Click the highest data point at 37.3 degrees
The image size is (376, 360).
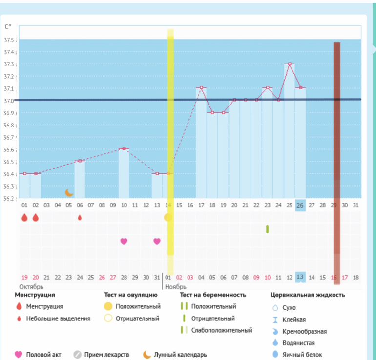point(290,64)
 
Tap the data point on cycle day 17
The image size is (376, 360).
point(201,88)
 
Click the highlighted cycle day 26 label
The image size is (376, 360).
point(300,205)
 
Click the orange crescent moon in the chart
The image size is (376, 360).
point(69,192)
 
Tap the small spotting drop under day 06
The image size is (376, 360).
point(80,217)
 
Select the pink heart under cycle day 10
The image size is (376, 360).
point(124,241)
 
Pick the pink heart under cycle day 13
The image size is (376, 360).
point(157,241)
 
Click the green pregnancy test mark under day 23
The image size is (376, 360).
point(267,229)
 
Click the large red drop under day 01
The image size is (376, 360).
point(24,217)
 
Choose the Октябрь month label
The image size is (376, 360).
point(31,286)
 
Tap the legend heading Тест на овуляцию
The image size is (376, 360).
point(130,295)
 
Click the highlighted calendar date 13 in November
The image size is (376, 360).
point(300,277)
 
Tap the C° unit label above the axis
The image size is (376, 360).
point(8,27)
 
